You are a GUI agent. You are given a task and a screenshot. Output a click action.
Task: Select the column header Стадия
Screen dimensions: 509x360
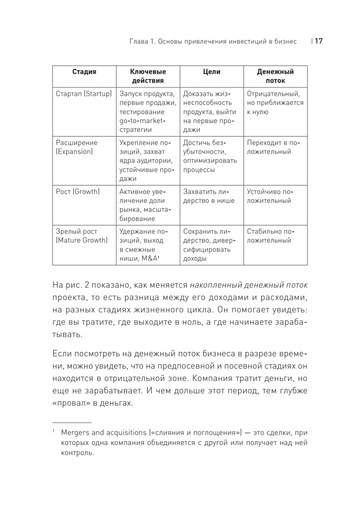(84, 72)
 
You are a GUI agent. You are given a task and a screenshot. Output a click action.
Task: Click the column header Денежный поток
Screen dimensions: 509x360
(276, 76)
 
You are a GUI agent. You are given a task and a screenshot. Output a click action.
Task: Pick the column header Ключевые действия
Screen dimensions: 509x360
(148, 76)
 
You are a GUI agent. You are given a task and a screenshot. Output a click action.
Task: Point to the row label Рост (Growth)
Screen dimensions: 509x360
(78, 191)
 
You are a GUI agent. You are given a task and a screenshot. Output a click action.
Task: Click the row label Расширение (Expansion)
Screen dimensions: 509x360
(76, 147)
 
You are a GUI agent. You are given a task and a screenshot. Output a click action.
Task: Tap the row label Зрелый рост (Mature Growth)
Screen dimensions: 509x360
(80, 236)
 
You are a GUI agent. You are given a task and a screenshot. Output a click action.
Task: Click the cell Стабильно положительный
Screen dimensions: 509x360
(270, 236)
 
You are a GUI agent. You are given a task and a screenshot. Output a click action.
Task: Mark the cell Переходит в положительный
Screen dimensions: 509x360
(273, 147)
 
